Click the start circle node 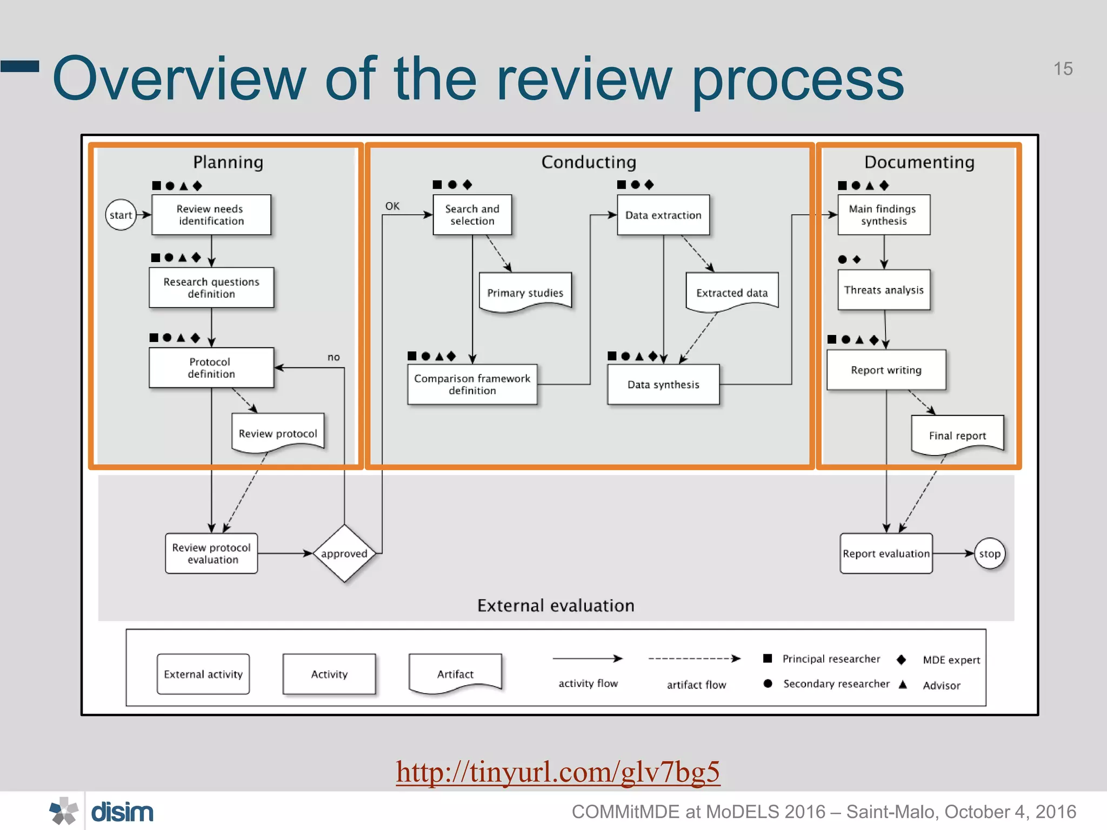(121, 215)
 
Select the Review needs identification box (211, 215)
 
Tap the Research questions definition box (211, 287)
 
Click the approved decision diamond (344, 553)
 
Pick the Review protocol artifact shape (278, 433)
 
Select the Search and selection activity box (472, 215)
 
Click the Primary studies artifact (525, 292)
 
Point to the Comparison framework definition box (472, 384)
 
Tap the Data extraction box (663, 215)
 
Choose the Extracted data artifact (732, 292)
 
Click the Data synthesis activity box (663, 384)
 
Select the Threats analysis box (884, 290)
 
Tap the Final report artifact (957, 435)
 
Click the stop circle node (990, 553)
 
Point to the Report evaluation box (886, 553)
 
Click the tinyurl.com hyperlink (558, 771)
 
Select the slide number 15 (1063, 69)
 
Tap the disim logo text (122, 812)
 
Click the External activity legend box (203, 674)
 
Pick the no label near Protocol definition (334, 357)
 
